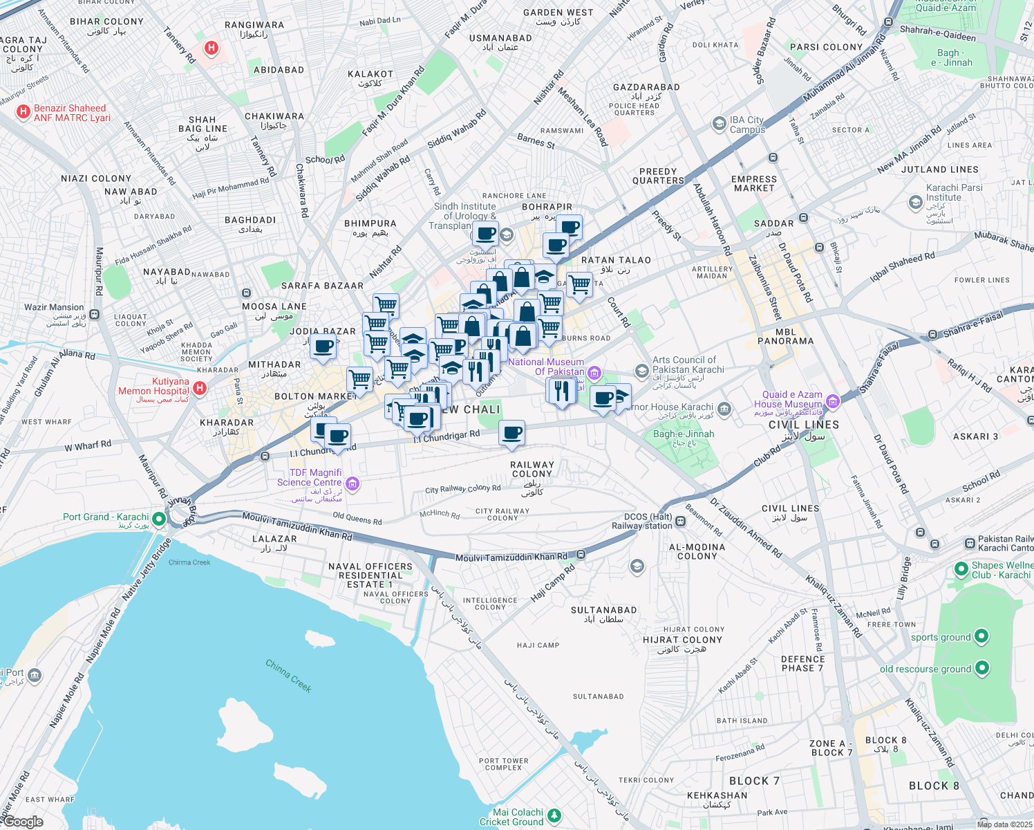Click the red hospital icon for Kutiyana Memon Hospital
[200, 388]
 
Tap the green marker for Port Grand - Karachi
[159, 518]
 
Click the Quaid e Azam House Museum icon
[832, 400]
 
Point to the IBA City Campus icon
[719, 124]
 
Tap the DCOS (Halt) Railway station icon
[681, 522]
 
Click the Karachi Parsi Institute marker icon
[915, 202]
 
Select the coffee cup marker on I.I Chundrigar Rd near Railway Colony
[511, 434]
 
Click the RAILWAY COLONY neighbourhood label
[532, 470]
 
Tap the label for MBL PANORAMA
[786, 336]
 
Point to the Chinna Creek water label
[289, 676]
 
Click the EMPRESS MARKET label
[754, 183]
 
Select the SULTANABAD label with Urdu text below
[603, 614]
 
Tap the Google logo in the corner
[22, 821]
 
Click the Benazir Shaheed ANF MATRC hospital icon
[23, 111]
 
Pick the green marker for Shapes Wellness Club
[961, 569]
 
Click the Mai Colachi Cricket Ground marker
[554, 816]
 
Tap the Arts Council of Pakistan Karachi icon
[641, 371]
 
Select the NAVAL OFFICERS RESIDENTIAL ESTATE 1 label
[370, 575]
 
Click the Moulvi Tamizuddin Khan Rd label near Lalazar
[297, 526]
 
